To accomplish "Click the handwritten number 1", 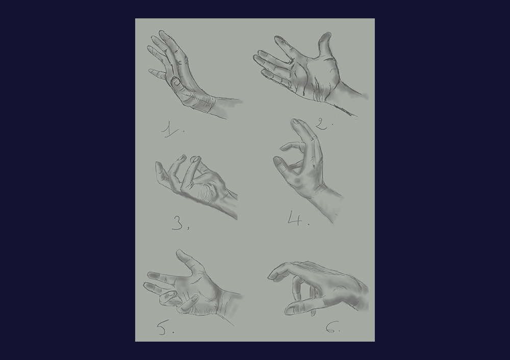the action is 169,128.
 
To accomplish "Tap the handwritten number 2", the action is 321,124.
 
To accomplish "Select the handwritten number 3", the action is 177,223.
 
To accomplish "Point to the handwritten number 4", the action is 295,218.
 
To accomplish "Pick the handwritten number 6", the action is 331,326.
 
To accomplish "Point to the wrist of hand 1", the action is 208,104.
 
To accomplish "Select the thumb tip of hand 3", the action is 159,165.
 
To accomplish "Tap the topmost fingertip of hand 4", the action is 295,121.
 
